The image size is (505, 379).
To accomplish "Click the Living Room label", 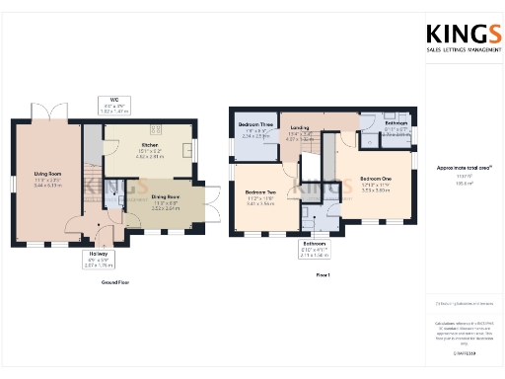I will coord(47,174).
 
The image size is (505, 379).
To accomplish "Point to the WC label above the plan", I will coord(115,100).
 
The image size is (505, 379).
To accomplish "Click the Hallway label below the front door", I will coord(98,255).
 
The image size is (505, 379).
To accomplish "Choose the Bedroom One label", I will coord(376,179).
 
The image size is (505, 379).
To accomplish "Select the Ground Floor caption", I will coord(116,282).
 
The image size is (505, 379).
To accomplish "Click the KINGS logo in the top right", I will coord(459,37).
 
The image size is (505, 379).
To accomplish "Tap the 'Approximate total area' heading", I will coord(459,169).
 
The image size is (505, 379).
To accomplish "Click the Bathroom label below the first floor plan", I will coord(315,242).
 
